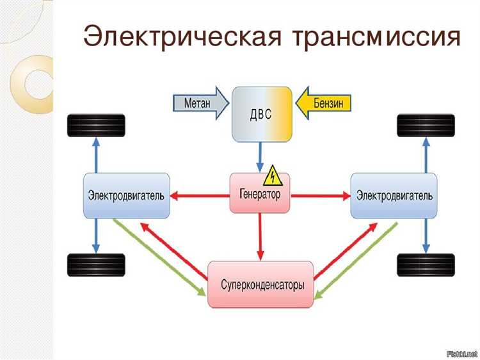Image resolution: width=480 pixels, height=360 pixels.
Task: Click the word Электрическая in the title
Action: [x=182, y=37]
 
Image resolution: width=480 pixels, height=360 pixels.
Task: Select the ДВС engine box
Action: [x=261, y=114]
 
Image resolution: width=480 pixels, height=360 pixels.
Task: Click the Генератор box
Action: [x=260, y=194]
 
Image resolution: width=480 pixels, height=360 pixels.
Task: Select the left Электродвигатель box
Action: [x=127, y=195]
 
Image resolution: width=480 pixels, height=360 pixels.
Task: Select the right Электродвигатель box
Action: [x=394, y=195]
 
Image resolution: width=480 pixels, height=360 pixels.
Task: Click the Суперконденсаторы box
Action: [x=260, y=284]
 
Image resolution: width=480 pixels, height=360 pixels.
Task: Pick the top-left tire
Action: [x=96, y=125]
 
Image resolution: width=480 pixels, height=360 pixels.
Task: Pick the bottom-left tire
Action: [x=96, y=265]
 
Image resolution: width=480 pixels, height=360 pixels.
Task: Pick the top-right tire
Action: [x=426, y=125]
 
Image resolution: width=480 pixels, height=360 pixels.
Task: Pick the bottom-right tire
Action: [x=426, y=265]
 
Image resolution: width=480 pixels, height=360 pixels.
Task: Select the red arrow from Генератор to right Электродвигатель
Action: [x=320, y=194]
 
